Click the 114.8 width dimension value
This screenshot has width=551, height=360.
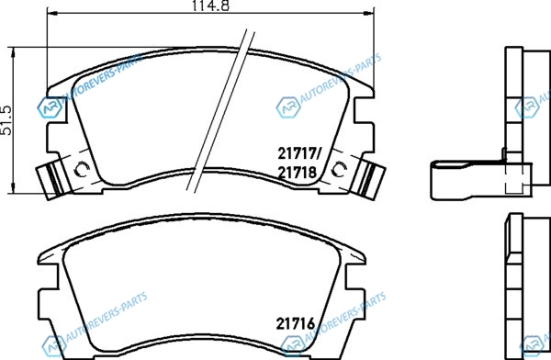[x=210, y=6]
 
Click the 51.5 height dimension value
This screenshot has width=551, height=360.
[x=6, y=120]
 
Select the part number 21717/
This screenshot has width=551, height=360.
[x=299, y=153]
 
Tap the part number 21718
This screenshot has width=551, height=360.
[x=298, y=173]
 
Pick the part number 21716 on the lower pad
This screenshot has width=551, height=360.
[x=296, y=324]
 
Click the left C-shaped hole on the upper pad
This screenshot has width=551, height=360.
[x=82, y=170]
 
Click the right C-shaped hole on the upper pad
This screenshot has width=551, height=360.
[x=340, y=170]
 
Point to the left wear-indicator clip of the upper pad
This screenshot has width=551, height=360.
[x=53, y=180]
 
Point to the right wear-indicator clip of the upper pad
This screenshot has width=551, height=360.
[x=368, y=180]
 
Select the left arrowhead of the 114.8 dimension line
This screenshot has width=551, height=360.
[x=51, y=13]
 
